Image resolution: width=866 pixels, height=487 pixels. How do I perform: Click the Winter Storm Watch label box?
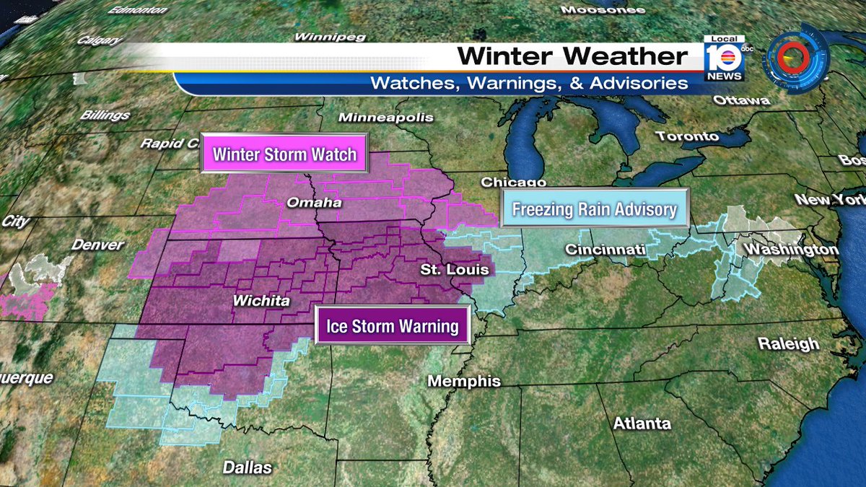[284, 154]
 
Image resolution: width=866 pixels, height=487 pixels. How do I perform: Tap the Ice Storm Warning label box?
[393, 326]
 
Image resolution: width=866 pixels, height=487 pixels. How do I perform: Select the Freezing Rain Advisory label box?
[595, 209]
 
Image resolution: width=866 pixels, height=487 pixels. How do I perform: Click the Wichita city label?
[261, 301]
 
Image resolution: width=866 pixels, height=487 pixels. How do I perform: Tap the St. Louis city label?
[455, 270]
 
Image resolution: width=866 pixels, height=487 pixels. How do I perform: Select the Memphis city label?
[464, 381]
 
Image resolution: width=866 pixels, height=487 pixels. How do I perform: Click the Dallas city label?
[247, 467]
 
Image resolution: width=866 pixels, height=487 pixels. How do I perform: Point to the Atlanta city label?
[642, 424]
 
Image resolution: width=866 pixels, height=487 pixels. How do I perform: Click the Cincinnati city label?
[605, 250]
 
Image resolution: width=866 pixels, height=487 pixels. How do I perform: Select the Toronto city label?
[687, 136]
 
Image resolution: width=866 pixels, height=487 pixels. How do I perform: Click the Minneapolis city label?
[386, 117]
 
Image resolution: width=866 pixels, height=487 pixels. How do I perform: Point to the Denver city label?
[97, 245]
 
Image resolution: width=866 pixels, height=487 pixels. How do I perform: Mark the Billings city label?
[105, 115]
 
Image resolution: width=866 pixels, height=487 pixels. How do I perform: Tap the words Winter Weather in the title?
[572, 56]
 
